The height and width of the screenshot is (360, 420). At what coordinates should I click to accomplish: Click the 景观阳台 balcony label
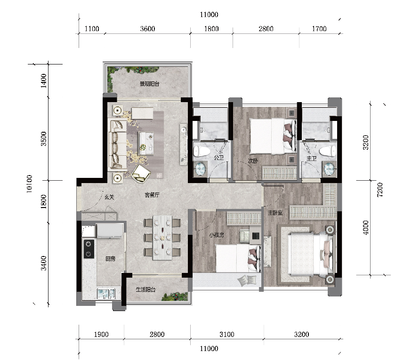[149, 84]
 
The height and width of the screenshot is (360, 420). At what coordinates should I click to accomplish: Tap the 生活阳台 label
[145, 289]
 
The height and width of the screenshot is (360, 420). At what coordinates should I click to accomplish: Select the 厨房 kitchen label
[110, 258]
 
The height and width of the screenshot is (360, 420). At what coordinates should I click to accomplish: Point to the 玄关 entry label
[109, 197]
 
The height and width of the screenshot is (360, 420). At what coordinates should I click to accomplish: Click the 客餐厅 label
[152, 195]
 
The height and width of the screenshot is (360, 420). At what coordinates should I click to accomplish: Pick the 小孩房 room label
[217, 235]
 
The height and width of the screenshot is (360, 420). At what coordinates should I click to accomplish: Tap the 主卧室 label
[275, 213]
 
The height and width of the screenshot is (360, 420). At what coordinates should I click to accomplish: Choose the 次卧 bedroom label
[253, 160]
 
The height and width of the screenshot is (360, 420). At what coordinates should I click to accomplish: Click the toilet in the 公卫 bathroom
[202, 152]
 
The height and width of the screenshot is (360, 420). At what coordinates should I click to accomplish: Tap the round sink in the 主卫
[330, 169]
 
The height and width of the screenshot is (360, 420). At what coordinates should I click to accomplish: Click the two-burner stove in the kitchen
[89, 249]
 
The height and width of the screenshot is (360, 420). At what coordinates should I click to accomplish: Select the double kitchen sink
[106, 294]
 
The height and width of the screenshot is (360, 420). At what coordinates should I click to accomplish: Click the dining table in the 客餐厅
[162, 238]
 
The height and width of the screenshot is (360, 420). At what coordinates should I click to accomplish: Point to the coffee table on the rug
[146, 143]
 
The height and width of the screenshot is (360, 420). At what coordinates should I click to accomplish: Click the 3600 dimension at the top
[147, 29]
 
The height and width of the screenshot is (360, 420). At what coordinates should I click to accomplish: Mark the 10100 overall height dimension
[30, 184]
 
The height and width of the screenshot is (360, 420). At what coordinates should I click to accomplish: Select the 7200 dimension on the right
[380, 190]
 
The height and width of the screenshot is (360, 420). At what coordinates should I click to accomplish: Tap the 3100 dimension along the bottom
[226, 334]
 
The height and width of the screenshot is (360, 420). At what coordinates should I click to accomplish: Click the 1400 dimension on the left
[43, 80]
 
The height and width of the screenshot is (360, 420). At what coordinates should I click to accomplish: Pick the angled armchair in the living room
[141, 174]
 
